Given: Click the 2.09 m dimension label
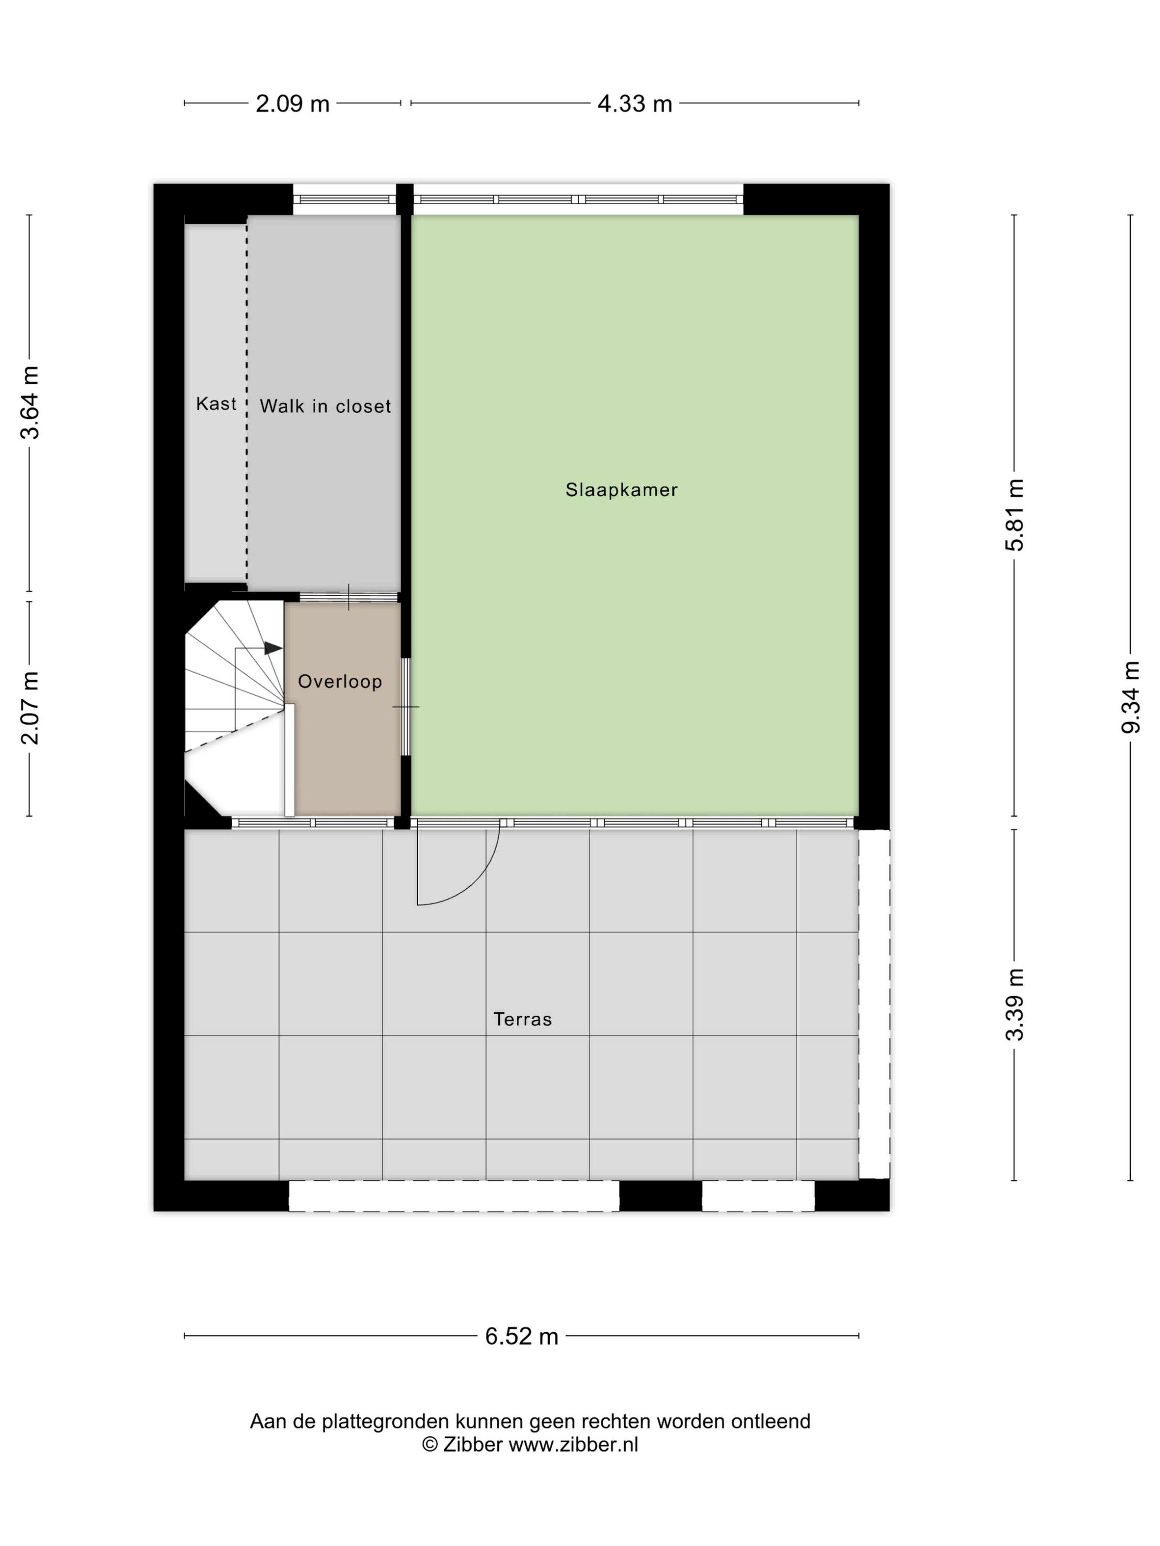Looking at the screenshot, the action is [x=292, y=104].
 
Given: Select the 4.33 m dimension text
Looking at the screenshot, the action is [x=634, y=104].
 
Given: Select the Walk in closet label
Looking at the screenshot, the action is [x=325, y=406].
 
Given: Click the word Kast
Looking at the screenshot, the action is [x=216, y=403].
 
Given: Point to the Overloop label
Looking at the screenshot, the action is [x=340, y=682].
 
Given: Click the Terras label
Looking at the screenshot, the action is [x=522, y=1019].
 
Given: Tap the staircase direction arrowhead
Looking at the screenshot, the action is [x=273, y=649].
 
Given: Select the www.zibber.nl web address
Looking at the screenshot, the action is [x=573, y=1445].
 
